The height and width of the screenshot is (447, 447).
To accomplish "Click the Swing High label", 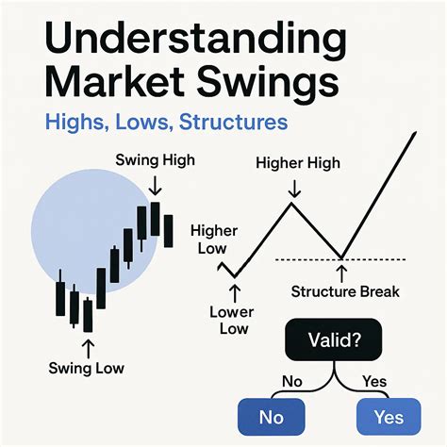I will click(155, 160).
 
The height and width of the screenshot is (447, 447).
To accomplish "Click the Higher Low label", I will click(209, 240).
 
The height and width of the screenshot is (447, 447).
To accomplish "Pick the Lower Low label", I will click(233, 320).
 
